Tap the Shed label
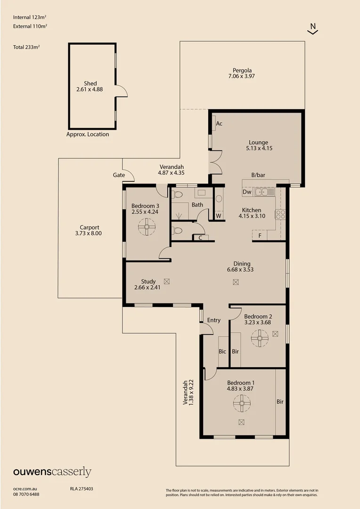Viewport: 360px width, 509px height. tap(90, 83)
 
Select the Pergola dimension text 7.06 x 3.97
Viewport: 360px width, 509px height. tap(241, 76)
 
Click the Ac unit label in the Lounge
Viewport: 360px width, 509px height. tap(219, 124)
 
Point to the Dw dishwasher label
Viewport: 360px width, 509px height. tap(247, 192)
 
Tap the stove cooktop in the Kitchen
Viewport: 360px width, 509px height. tap(281, 214)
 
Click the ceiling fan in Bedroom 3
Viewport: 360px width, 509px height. tap(147, 229)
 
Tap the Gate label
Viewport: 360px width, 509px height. tap(119, 175)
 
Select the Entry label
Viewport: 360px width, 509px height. tap(213, 320)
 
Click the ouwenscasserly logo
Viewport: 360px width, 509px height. tap(52, 472)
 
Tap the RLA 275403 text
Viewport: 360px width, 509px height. tap(78, 489)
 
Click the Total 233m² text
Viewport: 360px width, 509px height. tap(26, 47)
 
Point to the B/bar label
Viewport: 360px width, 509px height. tap(258, 175)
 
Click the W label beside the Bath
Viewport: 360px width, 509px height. tap(219, 216)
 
